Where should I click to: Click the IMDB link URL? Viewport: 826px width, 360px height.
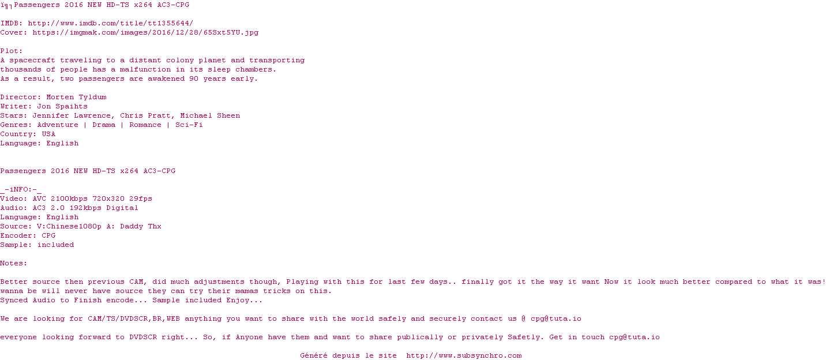[111, 23]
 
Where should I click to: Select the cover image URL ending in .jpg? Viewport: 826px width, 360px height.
[146, 32]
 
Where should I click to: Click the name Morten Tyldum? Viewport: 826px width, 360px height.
[76, 97]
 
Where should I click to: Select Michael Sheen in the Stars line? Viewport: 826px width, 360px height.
[210, 115]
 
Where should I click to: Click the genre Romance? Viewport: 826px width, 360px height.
[145, 125]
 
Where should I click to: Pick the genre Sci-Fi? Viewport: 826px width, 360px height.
[189, 125]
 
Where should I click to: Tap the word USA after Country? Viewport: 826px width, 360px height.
[48, 134]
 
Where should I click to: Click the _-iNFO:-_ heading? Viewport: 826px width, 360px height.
[21, 190]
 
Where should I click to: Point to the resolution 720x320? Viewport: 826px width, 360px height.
[108, 198]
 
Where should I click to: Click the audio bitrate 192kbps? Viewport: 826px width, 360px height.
[85, 208]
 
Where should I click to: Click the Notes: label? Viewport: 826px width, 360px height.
[14, 263]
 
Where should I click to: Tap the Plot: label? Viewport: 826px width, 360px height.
[12, 51]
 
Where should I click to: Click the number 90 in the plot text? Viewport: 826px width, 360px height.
[194, 78]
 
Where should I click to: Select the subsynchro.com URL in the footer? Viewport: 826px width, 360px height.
[464, 355]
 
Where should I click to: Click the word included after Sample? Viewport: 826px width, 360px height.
[56, 245]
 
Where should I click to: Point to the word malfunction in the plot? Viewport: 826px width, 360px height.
[145, 69]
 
